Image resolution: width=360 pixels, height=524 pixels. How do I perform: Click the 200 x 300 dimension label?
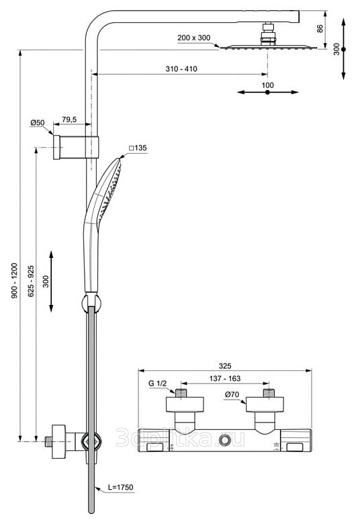click(194, 38)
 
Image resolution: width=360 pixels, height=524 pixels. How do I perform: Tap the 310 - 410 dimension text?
click(181, 69)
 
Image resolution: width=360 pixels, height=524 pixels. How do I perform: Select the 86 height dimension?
click(320, 28)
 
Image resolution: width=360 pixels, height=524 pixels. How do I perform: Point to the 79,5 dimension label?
click(69, 120)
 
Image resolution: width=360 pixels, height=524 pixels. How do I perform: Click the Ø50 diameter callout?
click(38, 123)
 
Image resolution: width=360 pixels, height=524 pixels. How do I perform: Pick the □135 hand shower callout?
click(138, 148)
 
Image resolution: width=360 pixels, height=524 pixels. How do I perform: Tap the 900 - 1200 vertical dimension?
click(14, 281)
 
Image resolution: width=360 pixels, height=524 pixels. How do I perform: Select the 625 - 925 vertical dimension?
click(31, 281)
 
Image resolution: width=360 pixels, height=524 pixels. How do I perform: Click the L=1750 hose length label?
click(120, 487)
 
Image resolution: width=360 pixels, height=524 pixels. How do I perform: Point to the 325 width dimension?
click(225, 366)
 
